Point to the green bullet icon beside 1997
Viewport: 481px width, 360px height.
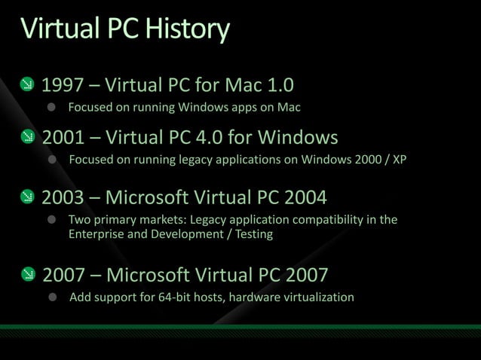tap(26, 83)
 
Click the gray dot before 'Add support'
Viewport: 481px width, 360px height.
tap(54, 297)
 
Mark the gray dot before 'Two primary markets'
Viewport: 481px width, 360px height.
tap(53, 220)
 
